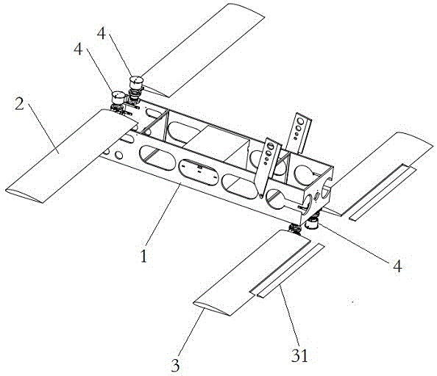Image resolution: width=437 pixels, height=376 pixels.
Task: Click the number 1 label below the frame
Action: coord(143,256)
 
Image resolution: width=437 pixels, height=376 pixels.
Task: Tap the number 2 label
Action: coord(19,104)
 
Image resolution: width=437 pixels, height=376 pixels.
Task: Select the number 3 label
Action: coord(175,365)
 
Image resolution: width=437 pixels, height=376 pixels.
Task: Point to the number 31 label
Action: coord(299,355)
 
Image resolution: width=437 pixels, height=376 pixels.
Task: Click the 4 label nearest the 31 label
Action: coord(398,266)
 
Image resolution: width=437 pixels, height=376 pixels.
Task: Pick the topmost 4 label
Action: coord(102,33)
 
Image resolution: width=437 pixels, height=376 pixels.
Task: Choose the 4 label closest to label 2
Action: coord(78,49)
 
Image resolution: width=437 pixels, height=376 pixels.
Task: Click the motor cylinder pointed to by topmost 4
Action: coord(136,82)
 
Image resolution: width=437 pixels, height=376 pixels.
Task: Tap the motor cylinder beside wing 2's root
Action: coord(118,97)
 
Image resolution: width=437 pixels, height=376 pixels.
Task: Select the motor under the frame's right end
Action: coord(312,223)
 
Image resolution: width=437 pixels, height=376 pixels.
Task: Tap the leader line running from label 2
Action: coord(43,128)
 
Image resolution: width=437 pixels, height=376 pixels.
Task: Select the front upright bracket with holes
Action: coord(268,167)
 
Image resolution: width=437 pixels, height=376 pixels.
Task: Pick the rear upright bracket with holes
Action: coord(299,132)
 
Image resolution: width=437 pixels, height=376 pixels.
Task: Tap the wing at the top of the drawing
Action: coord(204,50)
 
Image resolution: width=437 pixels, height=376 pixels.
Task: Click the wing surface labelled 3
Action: coord(251,273)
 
